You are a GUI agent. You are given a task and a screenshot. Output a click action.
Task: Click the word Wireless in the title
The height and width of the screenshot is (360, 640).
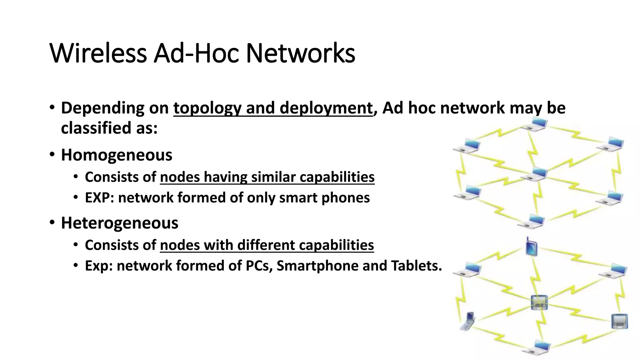pos(98,53)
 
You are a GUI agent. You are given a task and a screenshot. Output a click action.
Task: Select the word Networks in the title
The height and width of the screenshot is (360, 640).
pos(300,53)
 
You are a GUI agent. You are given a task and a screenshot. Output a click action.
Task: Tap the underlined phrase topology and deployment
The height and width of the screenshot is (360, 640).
pos(273,108)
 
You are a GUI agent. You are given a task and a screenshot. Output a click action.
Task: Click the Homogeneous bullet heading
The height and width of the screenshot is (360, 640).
pos(116,155)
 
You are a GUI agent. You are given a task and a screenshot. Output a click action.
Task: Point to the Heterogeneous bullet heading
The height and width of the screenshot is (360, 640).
pos(119,223)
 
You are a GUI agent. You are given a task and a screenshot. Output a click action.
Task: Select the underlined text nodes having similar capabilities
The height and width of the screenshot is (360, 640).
pos(267,177)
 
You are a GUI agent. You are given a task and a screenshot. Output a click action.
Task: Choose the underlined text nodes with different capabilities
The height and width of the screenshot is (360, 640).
pos(267,245)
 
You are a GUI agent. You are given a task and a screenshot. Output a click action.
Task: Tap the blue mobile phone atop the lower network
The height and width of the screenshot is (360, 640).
pos(531,247)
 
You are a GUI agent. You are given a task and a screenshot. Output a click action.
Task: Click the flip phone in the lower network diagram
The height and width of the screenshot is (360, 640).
pos(468,321)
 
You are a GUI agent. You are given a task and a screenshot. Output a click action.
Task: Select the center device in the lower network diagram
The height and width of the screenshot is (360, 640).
pos(539,302)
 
